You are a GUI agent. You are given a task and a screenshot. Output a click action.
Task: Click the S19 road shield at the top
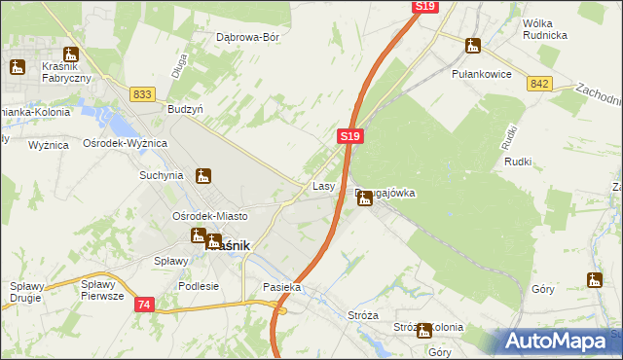pyautogui.click(x=424, y=7)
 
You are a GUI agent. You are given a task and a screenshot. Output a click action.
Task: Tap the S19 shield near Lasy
pyautogui.click(x=351, y=138)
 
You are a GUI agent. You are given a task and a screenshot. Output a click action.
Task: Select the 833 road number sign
pyautogui.click(x=142, y=93)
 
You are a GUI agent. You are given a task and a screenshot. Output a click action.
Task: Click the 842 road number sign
pyautogui.click(x=541, y=84)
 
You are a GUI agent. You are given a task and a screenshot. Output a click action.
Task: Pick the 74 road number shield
pyautogui.click(x=143, y=305)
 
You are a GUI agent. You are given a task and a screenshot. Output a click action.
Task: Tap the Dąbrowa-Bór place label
pyautogui.click(x=247, y=38)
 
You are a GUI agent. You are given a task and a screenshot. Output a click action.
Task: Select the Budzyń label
pyautogui.click(x=184, y=110)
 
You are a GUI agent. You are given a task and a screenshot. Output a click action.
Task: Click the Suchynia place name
pyautogui.click(x=161, y=176)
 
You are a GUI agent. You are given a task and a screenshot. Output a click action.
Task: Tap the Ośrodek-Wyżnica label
pyautogui.click(x=126, y=143)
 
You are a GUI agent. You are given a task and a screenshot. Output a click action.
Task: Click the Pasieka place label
pyautogui.click(x=282, y=288)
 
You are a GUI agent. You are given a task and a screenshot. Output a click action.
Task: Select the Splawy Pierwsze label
pyautogui.click(x=102, y=290)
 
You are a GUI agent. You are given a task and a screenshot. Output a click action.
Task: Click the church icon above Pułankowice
pyautogui.click(x=473, y=46)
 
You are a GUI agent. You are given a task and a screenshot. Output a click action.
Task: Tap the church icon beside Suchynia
pyautogui.click(x=202, y=176)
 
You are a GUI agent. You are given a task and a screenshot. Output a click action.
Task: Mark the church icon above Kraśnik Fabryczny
pyautogui.click(x=70, y=54)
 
